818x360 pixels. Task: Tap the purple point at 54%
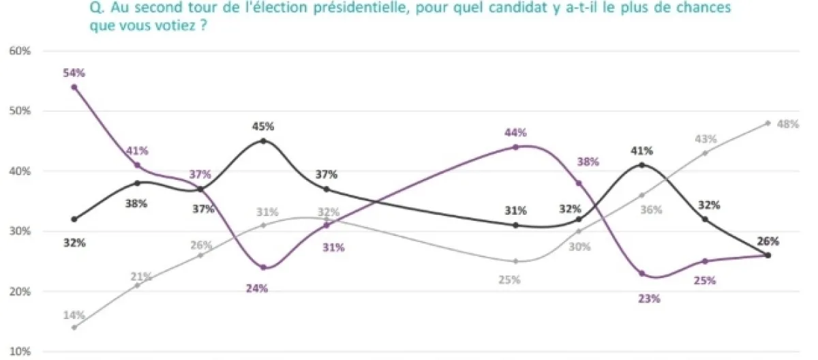[x=74, y=87]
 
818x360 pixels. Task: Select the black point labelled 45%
[x=263, y=140]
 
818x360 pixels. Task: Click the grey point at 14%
[x=74, y=327]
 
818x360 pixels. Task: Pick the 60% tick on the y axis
[x=18, y=51]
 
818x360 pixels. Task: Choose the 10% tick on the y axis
[x=18, y=352]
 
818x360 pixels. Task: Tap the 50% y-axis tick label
[x=18, y=111]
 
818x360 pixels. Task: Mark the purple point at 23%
[x=642, y=273]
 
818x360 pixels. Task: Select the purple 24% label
[x=257, y=288]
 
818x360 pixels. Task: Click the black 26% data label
[x=768, y=241]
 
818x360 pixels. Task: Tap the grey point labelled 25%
[x=515, y=261]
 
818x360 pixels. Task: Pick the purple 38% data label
[x=588, y=162]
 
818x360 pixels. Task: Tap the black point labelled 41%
[x=642, y=164]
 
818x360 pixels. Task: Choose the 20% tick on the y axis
[x=18, y=292]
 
